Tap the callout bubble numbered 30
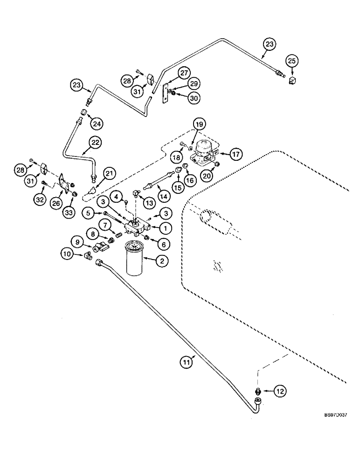194,97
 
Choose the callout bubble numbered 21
108,174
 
